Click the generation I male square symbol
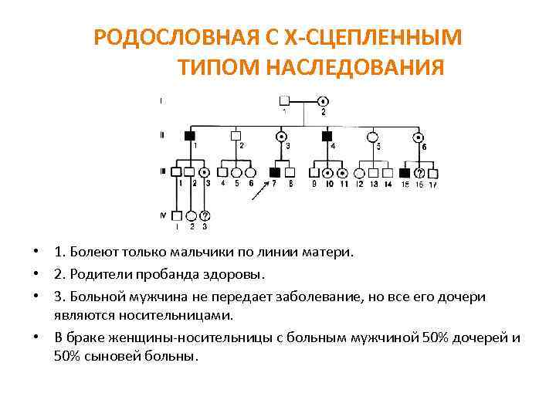click(x=284, y=100)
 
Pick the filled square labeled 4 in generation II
click(x=326, y=137)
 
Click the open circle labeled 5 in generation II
click(x=373, y=137)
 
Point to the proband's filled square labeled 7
click(x=274, y=173)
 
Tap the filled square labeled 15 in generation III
click(x=406, y=173)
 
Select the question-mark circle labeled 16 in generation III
click(x=420, y=173)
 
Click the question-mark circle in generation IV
click(x=205, y=216)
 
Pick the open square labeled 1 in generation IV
click(x=177, y=216)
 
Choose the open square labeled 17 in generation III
click(x=433, y=173)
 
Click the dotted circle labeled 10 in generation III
click(x=329, y=173)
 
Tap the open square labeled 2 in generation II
click(x=236, y=137)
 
